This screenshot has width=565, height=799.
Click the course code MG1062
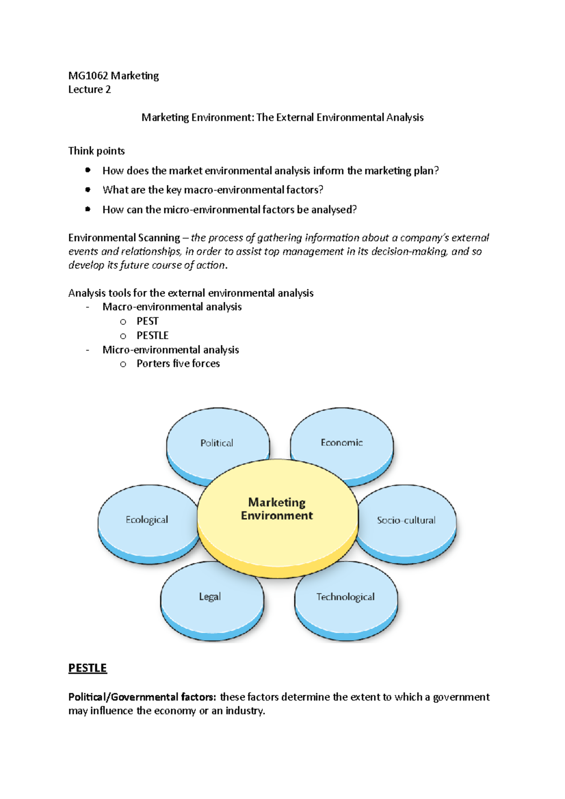point(88,76)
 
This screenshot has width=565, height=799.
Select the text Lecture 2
point(89,89)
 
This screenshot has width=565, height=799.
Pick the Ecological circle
point(147,520)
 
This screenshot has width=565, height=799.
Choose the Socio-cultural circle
point(406,520)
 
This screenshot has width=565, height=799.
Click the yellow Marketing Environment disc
point(277,509)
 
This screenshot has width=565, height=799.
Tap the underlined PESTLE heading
point(88,668)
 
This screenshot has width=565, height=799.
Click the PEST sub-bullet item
point(147,321)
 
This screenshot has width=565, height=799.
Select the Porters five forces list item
point(178,364)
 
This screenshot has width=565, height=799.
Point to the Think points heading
point(97,151)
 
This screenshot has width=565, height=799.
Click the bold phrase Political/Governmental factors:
point(142,697)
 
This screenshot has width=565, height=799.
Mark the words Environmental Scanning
point(124,238)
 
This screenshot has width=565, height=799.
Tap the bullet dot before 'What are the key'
point(88,190)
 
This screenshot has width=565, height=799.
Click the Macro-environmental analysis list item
point(172,307)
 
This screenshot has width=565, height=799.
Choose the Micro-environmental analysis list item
point(170,350)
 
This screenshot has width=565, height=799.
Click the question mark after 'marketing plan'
point(436,171)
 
